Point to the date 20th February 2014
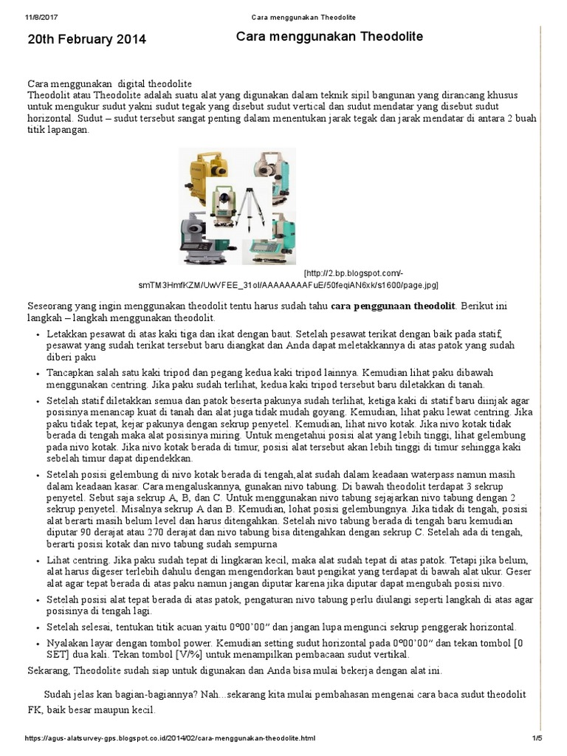pyautogui.click(x=87, y=40)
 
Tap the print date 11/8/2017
pyautogui.click(x=41, y=17)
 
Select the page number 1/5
pyautogui.click(x=537, y=738)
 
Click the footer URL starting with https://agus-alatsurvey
pyautogui.click(x=171, y=738)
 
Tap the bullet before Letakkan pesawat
pyautogui.click(x=38, y=334)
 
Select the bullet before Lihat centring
pyautogui.click(x=38, y=562)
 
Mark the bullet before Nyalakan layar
pyautogui.click(x=38, y=643)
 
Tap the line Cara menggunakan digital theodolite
pyautogui.click(x=110, y=84)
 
